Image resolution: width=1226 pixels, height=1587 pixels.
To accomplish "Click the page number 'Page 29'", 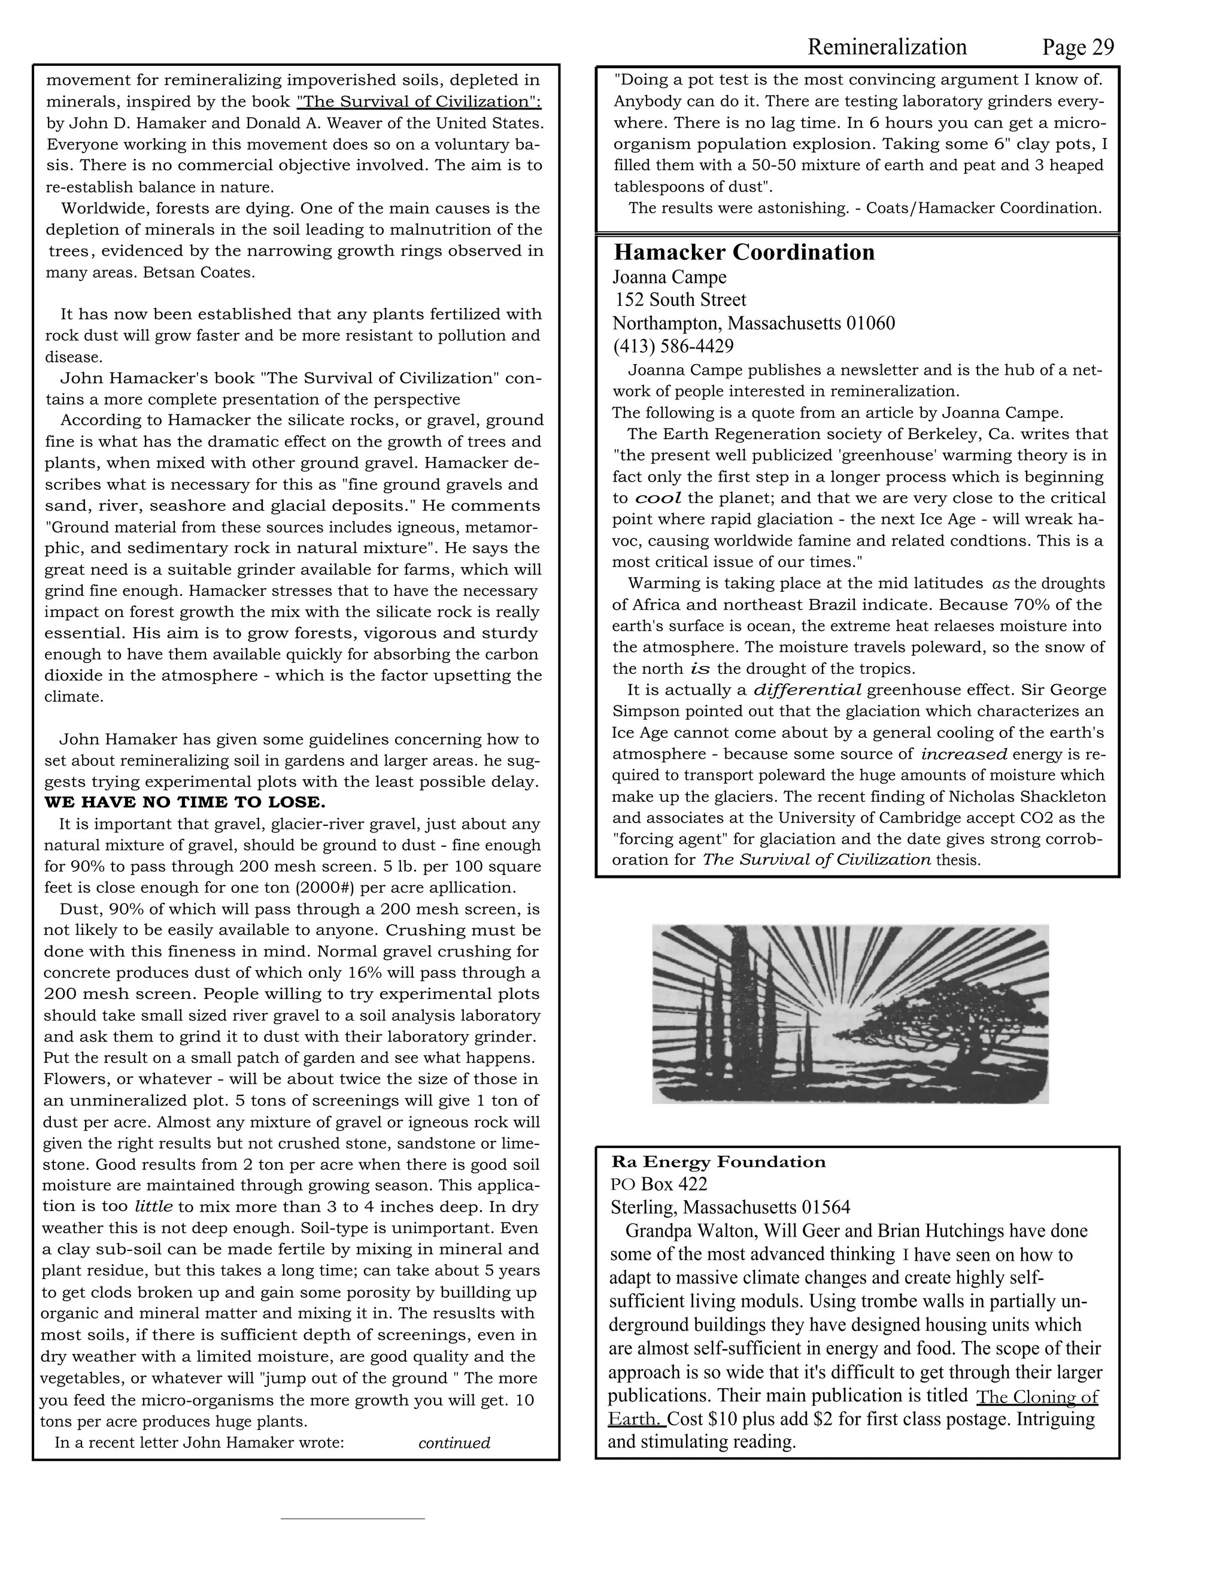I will tap(1077, 48).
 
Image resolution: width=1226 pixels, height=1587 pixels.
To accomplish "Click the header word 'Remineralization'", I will tap(887, 48).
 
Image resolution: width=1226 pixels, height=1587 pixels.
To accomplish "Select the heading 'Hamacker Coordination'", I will tap(744, 252).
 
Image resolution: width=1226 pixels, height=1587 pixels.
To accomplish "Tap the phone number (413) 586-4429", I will tap(672, 346).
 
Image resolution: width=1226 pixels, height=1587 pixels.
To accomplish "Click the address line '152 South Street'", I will tap(680, 299).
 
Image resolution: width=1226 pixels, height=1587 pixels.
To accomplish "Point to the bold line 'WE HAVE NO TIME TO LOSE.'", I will tap(184, 802).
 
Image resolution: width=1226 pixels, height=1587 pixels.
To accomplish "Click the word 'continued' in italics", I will tap(454, 1443).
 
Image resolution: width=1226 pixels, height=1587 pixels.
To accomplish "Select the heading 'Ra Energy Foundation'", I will tap(718, 1161).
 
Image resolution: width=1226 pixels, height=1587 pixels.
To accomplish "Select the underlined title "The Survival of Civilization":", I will tap(419, 101).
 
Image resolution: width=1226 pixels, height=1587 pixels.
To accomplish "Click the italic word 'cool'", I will tap(658, 498).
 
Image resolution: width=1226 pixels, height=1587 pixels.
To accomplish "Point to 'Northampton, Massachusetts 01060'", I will tap(753, 323).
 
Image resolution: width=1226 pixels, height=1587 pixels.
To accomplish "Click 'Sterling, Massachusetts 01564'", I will tap(730, 1208).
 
